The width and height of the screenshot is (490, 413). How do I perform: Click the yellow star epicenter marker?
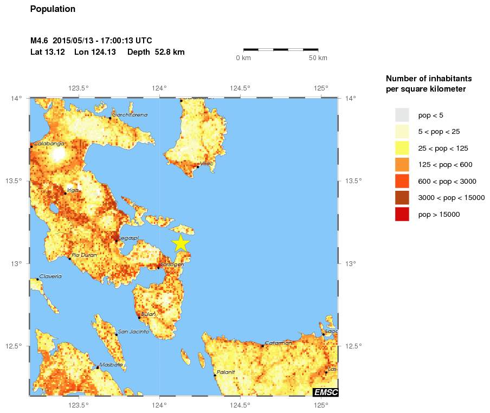tap(180, 243)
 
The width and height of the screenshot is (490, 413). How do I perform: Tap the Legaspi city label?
tap(129, 238)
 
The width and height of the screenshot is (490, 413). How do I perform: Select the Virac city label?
tap(207, 163)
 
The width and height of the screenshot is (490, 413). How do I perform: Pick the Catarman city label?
tap(279, 343)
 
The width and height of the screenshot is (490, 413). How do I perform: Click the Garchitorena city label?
tap(130, 114)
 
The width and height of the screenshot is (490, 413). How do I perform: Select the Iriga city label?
tap(73, 190)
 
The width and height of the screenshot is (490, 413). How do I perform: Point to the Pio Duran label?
tap(84, 255)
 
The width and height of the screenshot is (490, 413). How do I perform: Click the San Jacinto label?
tap(133, 331)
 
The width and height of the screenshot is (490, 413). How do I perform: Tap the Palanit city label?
tap(225, 372)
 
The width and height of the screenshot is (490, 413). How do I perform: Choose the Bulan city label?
tap(148, 314)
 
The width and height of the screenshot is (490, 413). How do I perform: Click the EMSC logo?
tap(325, 392)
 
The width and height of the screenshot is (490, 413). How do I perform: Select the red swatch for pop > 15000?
tap(402, 214)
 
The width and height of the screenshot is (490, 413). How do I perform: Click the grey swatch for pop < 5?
tap(402, 115)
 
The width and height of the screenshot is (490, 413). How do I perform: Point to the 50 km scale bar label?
tap(318, 58)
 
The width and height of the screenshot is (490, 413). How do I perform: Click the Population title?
tap(53, 9)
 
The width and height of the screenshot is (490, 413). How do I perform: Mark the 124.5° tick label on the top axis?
tap(240, 88)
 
